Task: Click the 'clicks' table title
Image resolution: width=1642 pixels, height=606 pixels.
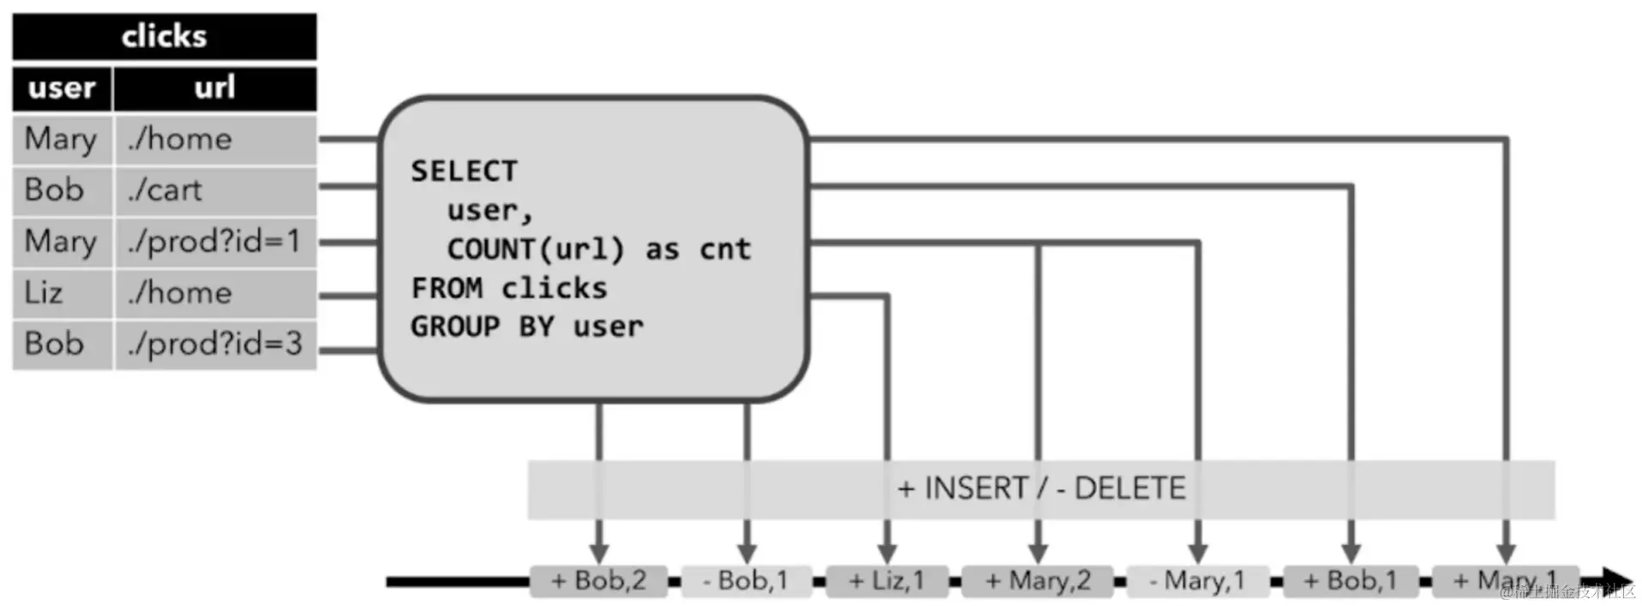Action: click(x=164, y=37)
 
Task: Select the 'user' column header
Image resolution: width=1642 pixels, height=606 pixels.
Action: click(x=62, y=88)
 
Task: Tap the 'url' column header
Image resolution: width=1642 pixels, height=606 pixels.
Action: click(x=214, y=88)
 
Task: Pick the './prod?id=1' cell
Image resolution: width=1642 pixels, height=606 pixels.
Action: click(x=214, y=242)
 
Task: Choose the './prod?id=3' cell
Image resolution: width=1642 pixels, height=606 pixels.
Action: click(x=214, y=345)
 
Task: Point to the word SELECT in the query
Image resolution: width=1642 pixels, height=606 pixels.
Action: click(x=464, y=171)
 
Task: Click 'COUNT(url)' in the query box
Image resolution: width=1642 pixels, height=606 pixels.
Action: click(x=536, y=249)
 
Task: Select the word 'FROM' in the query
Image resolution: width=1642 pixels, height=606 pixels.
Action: click(x=446, y=288)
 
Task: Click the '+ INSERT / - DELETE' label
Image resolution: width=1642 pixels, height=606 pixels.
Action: click(x=1040, y=489)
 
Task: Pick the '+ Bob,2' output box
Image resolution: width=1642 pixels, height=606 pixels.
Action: click(x=598, y=581)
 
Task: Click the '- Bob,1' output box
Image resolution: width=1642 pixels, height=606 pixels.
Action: click(x=745, y=581)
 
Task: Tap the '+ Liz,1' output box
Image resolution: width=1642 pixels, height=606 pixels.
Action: click(x=886, y=581)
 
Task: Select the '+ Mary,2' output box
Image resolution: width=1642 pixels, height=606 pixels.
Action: click(x=1037, y=581)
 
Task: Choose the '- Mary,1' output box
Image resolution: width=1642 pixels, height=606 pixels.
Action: click(x=1196, y=581)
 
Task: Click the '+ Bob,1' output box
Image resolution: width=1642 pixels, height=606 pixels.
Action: click(x=1350, y=581)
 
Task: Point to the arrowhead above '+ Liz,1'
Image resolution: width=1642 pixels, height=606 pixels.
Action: click(x=887, y=553)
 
